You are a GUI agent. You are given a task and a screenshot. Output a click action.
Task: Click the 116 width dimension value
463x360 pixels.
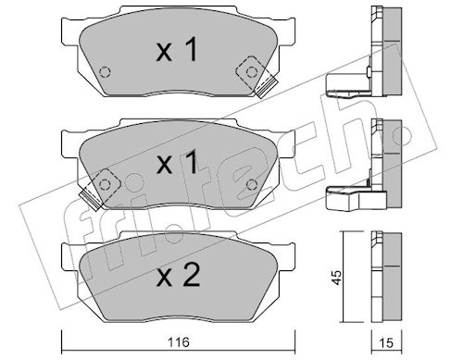(x=179, y=342)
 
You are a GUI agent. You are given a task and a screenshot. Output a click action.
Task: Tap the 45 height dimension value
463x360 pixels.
(x=337, y=278)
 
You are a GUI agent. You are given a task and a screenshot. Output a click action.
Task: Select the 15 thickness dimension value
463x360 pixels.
(x=386, y=343)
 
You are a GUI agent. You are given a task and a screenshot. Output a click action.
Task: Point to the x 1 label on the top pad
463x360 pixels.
(x=177, y=49)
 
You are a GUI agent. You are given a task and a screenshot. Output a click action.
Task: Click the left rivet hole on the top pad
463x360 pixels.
(x=105, y=72)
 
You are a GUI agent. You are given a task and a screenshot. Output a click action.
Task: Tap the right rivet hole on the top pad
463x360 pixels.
(x=252, y=72)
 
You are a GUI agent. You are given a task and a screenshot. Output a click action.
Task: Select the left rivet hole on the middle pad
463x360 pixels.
(x=105, y=184)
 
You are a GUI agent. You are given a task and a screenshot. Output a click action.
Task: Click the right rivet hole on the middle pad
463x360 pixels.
(x=252, y=184)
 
